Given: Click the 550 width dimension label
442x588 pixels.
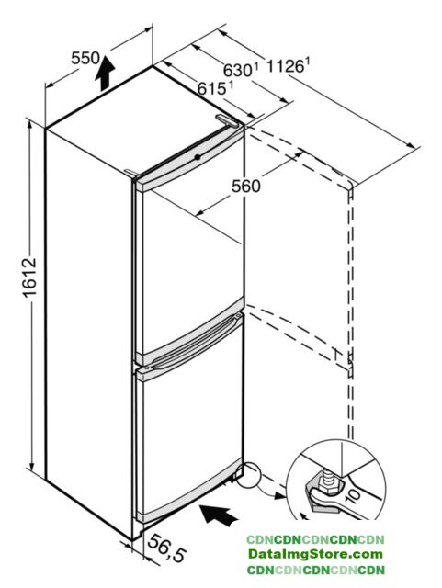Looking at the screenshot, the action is pos(85,58).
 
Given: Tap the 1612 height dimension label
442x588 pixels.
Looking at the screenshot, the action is pos(29,277).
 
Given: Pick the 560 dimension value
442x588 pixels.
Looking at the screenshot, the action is pos(245,186).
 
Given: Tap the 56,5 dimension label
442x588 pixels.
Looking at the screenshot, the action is pos(167,548).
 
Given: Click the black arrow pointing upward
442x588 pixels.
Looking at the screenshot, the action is pos(105,73).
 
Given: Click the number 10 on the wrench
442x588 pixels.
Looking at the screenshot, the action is pos(352,493).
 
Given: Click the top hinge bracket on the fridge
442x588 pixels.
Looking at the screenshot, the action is pos(227,120).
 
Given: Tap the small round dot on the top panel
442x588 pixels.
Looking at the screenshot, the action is pos(197,157).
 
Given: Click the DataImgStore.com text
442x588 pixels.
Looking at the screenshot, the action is pos(315,554).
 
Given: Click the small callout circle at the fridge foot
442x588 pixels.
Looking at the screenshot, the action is pos(247,476).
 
